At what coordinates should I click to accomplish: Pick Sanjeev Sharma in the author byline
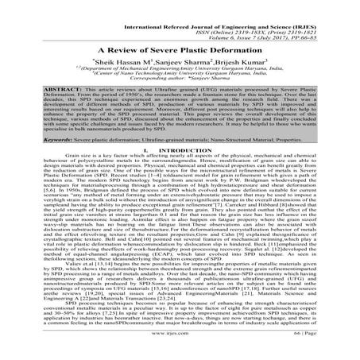click(162, 60)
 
